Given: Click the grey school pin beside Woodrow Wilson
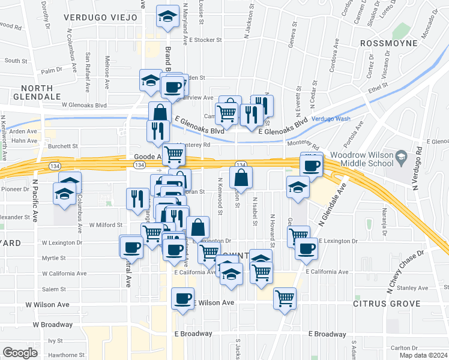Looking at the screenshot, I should (x=400, y=158).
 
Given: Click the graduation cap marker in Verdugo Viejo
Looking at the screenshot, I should (x=168, y=17).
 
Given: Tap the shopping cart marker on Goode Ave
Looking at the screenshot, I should (x=174, y=154).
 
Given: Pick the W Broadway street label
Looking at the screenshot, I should (x=53, y=325).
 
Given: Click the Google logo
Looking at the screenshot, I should (x=20, y=352).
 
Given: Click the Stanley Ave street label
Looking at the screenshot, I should (x=412, y=288).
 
